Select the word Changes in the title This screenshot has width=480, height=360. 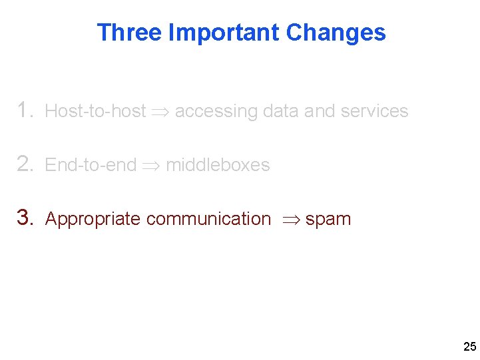336,33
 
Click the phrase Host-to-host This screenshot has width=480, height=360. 95,111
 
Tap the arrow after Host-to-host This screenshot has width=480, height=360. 160,112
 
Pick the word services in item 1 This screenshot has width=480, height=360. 374,111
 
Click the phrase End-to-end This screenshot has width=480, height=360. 90,165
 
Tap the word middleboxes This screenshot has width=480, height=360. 218,165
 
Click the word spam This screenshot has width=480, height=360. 328,220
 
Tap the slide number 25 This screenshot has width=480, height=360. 469,347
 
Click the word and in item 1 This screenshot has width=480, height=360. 320,111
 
